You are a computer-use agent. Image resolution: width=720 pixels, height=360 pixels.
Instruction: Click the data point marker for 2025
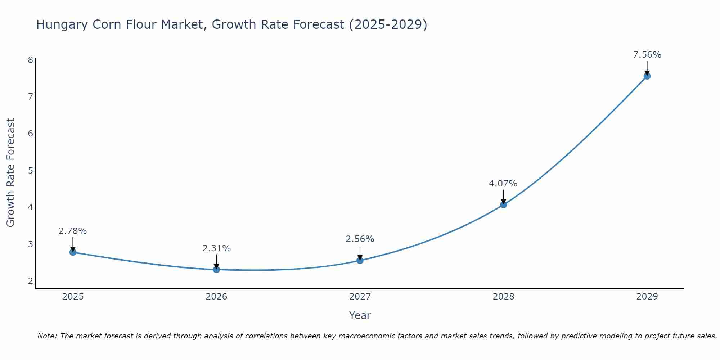coord(73,252)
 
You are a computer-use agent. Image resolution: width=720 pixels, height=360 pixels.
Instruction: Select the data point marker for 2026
coord(216,269)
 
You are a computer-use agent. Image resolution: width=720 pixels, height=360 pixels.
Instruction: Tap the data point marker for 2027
coord(360,260)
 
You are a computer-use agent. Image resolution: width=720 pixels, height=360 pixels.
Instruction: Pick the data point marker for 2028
coord(503,204)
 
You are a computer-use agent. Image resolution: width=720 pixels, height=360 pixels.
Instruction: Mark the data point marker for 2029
coord(647,76)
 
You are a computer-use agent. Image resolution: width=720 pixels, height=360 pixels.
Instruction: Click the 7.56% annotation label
coord(647,55)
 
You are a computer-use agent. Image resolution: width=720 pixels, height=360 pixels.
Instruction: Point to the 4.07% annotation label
coord(503,184)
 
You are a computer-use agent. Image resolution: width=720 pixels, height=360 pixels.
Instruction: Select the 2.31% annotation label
coord(216,248)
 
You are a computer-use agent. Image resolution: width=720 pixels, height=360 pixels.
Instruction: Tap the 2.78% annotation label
coord(73,231)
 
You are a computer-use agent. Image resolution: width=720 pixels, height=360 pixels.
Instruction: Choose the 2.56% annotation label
coord(360,239)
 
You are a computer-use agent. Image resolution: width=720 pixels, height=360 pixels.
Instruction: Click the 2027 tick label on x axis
coord(360,297)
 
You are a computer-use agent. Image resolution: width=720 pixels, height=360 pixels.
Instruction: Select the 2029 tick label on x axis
coord(647,297)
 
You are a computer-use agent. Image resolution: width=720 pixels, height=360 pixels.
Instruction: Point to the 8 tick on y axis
coord(30,60)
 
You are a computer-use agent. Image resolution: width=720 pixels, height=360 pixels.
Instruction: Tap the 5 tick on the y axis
coord(30,170)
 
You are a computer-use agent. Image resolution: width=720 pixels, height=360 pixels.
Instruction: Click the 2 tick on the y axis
coord(30,281)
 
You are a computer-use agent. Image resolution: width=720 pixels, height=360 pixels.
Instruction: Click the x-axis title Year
coord(360,315)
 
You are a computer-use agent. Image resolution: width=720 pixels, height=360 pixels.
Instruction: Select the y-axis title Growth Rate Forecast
coord(11,173)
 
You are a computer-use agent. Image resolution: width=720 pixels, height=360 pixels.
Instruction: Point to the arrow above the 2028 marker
coord(503,197)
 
